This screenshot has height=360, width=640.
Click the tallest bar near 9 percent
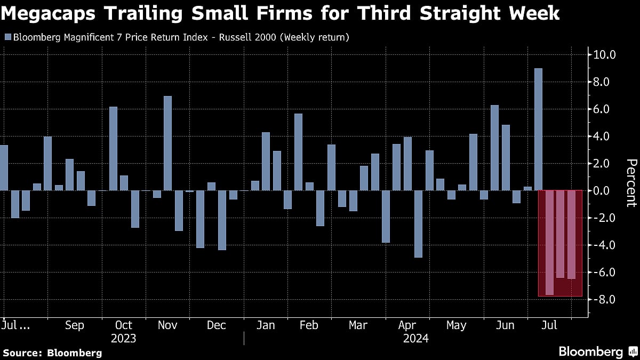[x=539, y=129]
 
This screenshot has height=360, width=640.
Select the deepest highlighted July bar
[x=549, y=243]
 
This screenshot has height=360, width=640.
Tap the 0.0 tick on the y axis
[x=605, y=191]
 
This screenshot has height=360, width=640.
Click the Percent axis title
[x=631, y=183]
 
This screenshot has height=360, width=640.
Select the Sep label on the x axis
[x=74, y=325]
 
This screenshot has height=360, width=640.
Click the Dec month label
[x=217, y=325]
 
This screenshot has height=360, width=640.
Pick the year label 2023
[x=123, y=339]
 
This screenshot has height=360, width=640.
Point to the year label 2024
[x=416, y=339]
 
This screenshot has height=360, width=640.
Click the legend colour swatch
[x=7, y=37]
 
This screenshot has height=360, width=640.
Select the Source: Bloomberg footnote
[x=52, y=353]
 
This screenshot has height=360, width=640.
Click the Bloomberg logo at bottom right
[x=597, y=352]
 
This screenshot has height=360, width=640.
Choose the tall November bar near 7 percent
[x=167, y=143]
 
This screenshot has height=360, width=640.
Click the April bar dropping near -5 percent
[x=419, y=224]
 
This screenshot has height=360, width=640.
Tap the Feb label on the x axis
[x=309, y=325]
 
